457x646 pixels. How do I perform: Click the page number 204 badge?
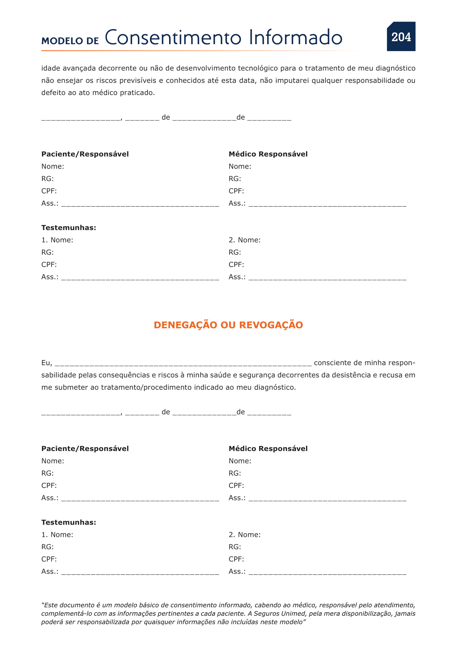click(x=401, y=37)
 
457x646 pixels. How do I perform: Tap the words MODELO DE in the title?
click(x=70, y=41)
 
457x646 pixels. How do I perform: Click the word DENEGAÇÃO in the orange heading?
click(x=185, y=325)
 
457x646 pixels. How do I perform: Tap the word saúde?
click(x=204, y=375)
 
